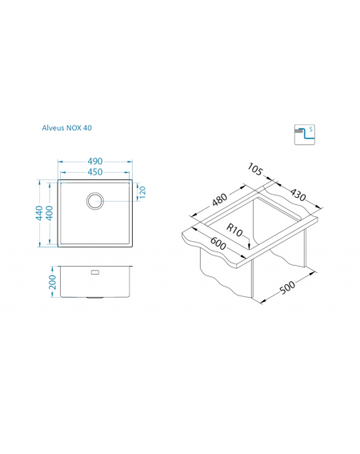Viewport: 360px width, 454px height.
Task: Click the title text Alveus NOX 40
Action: pyautogui.click(x=67, y=128)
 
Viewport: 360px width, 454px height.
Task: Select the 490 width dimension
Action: pyautogui.click(x=95, y=161)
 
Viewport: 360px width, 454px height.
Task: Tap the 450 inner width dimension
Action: pyautogui.click(x=95, y=172)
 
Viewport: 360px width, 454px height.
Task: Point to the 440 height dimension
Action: pyautogui.click(x=39, y=213)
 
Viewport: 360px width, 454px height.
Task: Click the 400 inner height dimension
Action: pyautogui.click(x=50, y=213)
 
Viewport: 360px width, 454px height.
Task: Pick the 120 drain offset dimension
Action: pyautogui.click(x=142, y=192)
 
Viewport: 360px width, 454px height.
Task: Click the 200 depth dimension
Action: pyautogui.click(x=52, y=282)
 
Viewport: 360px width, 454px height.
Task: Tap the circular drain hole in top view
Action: pyautogui.click(x=95, y=201)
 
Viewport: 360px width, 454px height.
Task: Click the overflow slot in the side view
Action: pyautogui.click(x=95, y=272)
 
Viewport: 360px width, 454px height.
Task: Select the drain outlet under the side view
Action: pyautogui.click(x=95, y=298)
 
